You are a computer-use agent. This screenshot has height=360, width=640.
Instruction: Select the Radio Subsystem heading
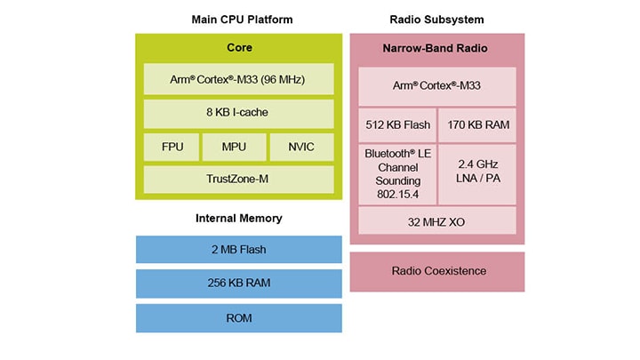click(x=436, y=20)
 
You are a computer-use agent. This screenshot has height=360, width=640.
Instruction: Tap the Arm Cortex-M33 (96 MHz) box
click(x=238, y=80)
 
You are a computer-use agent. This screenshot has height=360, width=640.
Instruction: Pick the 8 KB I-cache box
click(x=238, y=113)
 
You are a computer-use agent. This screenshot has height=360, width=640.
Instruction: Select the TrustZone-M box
click(x=238, y=179)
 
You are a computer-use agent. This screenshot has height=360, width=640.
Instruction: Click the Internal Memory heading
click(x=238, y=218)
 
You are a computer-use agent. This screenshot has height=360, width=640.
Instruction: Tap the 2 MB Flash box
click(x=238, y=249)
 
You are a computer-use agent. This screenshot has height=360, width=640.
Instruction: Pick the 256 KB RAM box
click(x=238, y=284)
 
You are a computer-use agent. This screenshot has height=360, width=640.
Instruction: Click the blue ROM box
click(x=238, y=317)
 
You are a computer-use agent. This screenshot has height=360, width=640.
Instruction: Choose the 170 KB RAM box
click(x=478, y=124)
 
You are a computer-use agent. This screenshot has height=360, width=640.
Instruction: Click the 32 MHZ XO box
click(x=436, y=220)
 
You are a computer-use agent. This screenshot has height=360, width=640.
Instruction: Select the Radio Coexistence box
click(x=436, y=271)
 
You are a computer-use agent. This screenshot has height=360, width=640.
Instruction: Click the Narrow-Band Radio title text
click(x=436, y=47)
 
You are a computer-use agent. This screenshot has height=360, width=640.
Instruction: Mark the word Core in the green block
click(x=238, y=47)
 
